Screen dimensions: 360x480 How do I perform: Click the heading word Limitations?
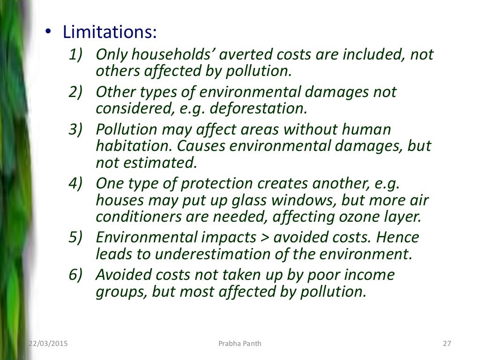point(110,33)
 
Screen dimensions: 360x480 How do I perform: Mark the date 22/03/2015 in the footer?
point(48,344)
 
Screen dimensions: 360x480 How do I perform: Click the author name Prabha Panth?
point(240,344)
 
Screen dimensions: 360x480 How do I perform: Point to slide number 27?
point(446,344)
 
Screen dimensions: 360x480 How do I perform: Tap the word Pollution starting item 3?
point(127,129)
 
